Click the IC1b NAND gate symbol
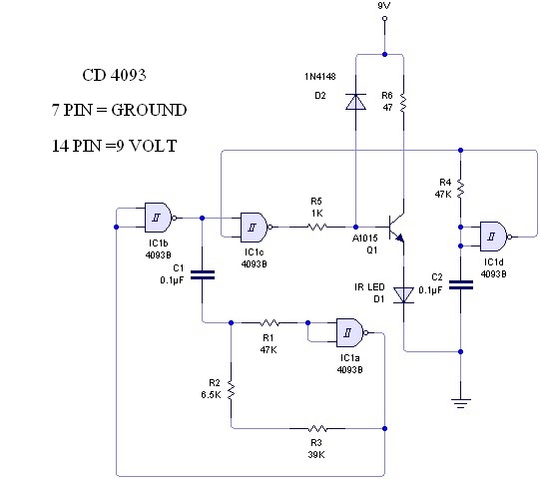pyautogui.click(x=158, y=215)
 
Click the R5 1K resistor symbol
pyautogui.click(x=316, y=227)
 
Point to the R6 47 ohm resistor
pyautogui.click(x=402, y=102)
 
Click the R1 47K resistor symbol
pyautogui.click(x=269, y=322)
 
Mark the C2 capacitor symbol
pyautogui.click(x=459, y=284)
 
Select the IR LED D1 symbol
pyautogui.click(x=403, y=294)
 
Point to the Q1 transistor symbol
pyautogui.click(x=396, y=227)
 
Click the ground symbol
pyautogui.click(x=459, y=402)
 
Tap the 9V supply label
pyautogui.click(x=384, y=8)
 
